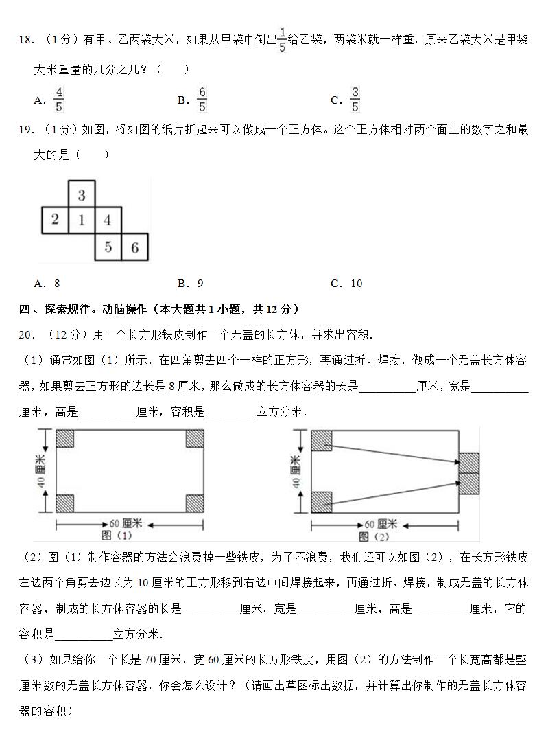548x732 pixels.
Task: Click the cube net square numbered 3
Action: (x=82, y=194)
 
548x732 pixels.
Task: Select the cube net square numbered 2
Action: (x=55, y=220)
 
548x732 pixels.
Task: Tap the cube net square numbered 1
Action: (x=82, y=220)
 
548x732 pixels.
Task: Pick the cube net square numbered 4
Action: (x=108, y=220)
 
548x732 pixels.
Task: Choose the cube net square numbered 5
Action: (x=108, y=247)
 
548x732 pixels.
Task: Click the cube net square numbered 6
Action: (x=134, y=247)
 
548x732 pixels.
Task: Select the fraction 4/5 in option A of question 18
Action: (x=59, y=100)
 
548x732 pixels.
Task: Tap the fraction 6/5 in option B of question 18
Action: (x=202, y=100)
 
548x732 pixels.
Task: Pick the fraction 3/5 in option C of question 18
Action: (x=355, y=100)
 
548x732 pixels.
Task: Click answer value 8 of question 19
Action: (x=57, y=283)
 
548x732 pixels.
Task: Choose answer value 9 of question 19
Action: (x=200, y=283)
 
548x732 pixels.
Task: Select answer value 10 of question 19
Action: (x=356, y=283)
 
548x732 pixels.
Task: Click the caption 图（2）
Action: (x=374, y=536)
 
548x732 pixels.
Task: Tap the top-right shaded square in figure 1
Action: (x=195, y=439)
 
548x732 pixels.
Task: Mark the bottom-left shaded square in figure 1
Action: (x=64, y=503)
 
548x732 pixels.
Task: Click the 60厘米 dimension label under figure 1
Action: (x=128, y=524)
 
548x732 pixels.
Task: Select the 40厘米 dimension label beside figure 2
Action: (x=296, y=471)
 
